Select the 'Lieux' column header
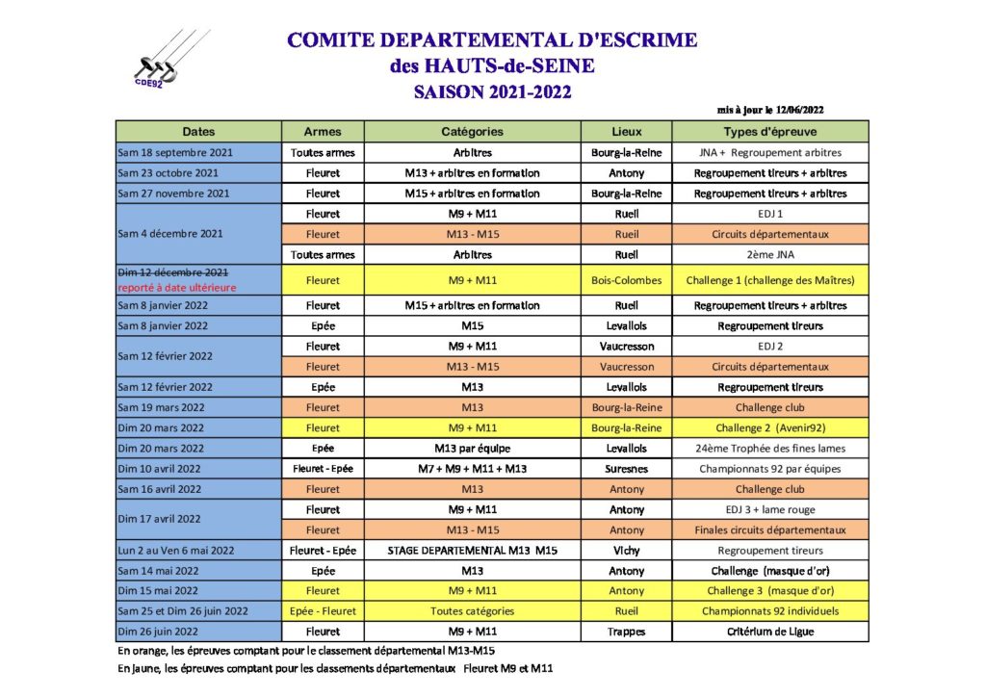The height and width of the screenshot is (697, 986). pyautogui.click(x=626, y=131)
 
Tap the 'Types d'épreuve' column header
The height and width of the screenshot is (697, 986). pyautogui.click(x=770, y=131)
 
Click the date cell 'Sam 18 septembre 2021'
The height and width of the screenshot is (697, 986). pyautogui.click(x=175, y=152)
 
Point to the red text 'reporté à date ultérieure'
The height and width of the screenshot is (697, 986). pyautogui.click(x=176, y=287)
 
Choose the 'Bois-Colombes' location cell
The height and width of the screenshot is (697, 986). pyautogui.click(x=626, y=280)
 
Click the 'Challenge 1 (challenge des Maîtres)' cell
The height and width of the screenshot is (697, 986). pyautogui.click(x=770, y=280)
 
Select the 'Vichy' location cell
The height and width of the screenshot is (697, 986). pyautogui.click(x=626, y=551)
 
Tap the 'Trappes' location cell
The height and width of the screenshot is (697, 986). pyautogui.click(x=626, y=632)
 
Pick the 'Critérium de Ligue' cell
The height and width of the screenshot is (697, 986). pyautogui.click(x=770, y=632)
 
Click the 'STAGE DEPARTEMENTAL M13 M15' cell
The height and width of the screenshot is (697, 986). pyautogui.click(x=472, y=551)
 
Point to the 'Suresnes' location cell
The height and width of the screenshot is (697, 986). pyautogui.click(x=626, y=469)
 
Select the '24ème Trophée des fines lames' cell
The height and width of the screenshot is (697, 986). pyautogui.click(x=770, y=448)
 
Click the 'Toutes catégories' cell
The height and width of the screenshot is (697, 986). pyautogui.click(x=472, y=610)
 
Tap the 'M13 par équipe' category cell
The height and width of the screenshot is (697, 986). pyautogui.click(x=472, y=448)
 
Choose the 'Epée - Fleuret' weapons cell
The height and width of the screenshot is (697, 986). pyautogui.click(x=323, y=610)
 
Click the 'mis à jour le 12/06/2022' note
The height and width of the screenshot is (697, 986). pyautogui.click(x=770, y=110)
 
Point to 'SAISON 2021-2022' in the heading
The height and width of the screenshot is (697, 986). pyautogui.click(x=492, y=92)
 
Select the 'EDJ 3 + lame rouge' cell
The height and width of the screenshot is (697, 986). pyautogui.click(x=770, y=509)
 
